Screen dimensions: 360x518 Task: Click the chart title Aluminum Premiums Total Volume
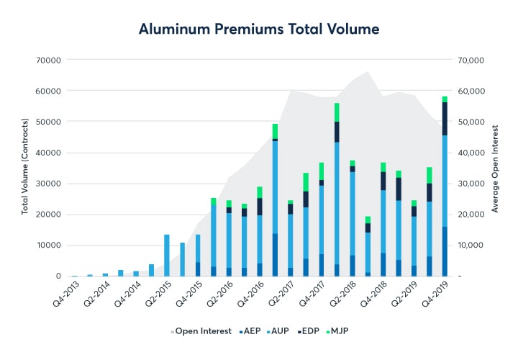[x=259, y=29]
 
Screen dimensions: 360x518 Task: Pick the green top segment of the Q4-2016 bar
[x=260, y=192]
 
